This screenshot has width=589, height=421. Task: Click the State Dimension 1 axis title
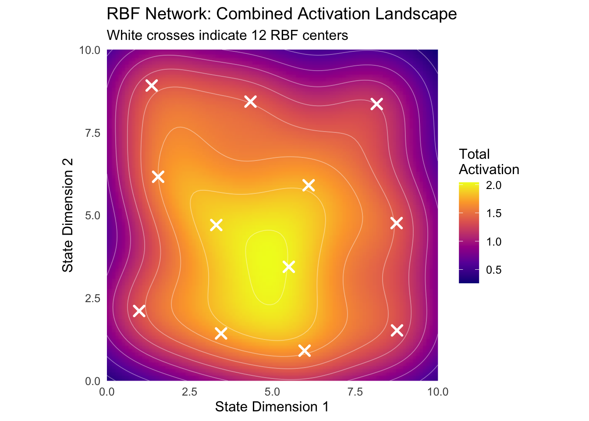(x=272, y=407)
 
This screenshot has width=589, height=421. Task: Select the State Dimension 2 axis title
(x=68, y=215)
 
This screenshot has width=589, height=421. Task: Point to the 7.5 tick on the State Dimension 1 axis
(x=355, y=392)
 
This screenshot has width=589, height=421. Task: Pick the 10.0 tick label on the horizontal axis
(x=437, y=392)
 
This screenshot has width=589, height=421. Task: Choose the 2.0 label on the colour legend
(x=493, y=186)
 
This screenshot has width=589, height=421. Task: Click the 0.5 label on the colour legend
(x=493, y=270)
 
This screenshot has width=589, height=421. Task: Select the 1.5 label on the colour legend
(x=493, y=214)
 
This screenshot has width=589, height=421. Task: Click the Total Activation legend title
(x=489, y=162)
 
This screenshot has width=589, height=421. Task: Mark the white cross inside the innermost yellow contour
(x=288, y=267)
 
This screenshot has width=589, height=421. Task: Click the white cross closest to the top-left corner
(x=152, y=85)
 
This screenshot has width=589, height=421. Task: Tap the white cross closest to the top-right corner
(x=376, y=104)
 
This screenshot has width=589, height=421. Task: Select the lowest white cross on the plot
(x=305, y=350)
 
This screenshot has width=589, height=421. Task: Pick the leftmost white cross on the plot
(x=139, y=311)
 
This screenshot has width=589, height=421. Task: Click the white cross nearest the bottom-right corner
(x=397, y=330)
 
